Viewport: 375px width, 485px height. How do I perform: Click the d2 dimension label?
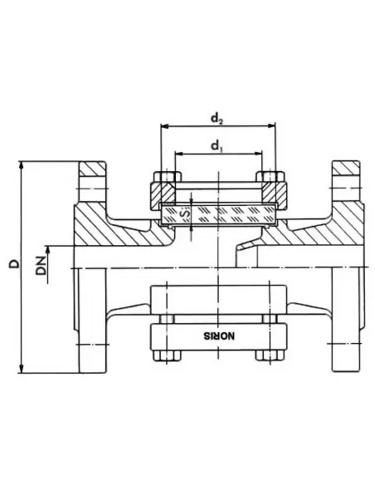[217, 119]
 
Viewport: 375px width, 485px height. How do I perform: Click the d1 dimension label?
[217, 146]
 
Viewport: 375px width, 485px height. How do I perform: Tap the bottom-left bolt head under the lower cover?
[163, 355]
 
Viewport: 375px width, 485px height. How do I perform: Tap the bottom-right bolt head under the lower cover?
[270, 355]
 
